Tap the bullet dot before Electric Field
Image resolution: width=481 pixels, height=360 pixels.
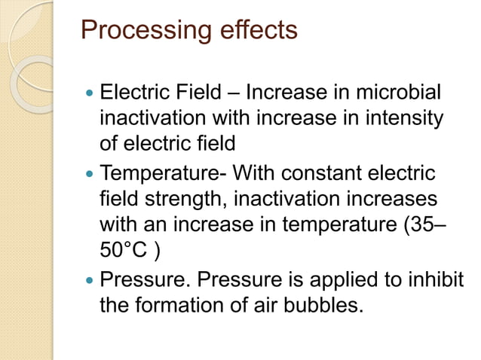pyautogui.click(x=90, y=96)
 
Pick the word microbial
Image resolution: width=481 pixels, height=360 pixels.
pyautogui.click(x=399, y=95)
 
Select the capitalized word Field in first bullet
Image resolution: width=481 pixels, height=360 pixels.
pyautogui.click(x=196, y=95)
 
